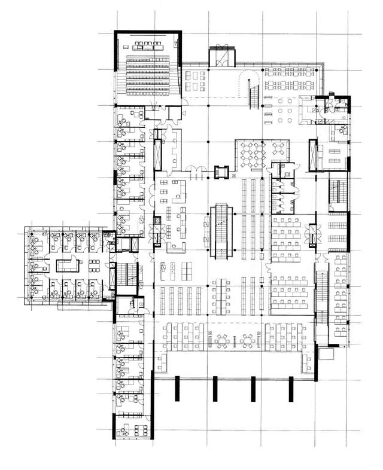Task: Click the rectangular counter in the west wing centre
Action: [65, 265]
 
